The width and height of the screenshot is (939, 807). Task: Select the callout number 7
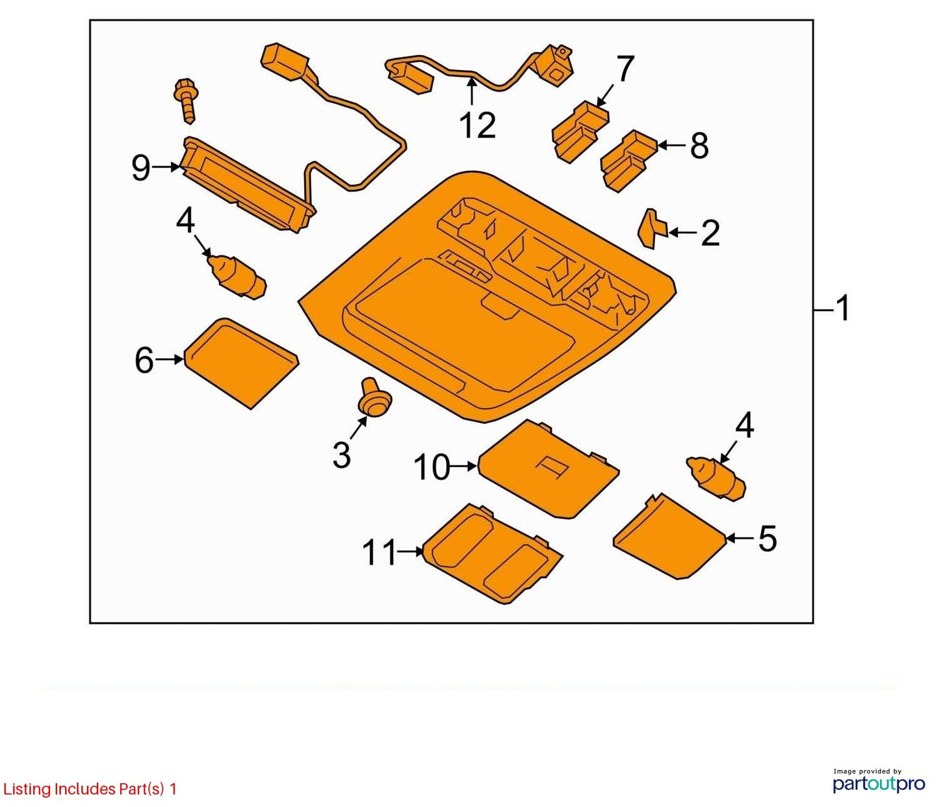[625, 69]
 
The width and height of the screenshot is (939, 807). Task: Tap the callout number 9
[141, 168]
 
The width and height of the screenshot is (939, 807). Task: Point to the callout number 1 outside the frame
[842, 309]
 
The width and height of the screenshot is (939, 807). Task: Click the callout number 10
[432, 468]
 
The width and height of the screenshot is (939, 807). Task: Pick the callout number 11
[379, 553]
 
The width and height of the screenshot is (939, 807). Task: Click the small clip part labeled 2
[653, 229]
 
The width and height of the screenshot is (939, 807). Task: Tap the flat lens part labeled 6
[241, 363]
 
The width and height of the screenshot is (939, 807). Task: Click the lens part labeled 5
[669, 537]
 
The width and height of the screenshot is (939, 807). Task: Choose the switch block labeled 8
[629, 160]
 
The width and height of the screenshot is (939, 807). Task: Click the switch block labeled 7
[580, 132]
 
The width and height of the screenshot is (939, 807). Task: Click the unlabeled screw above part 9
[187, 100]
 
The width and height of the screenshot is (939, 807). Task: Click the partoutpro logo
[879, 784]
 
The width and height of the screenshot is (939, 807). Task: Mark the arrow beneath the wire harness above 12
[472, 92]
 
